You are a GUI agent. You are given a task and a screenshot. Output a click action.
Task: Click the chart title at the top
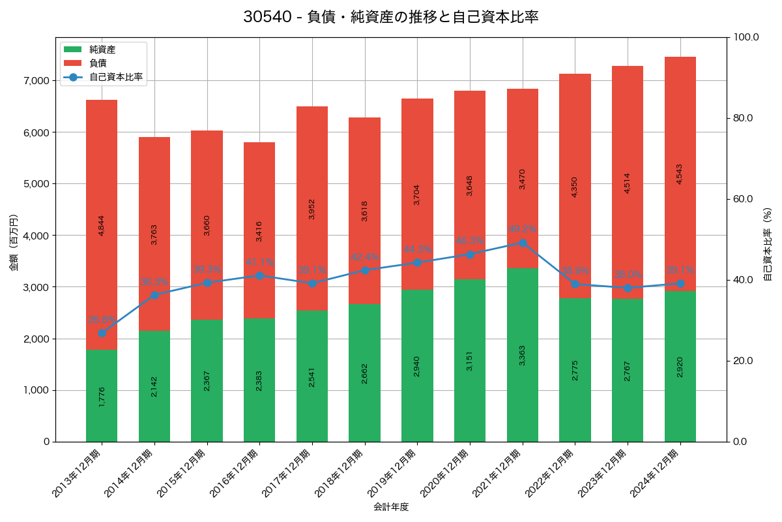pyautogui.click(x=391, y=17)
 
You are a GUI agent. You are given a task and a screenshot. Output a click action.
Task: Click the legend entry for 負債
pyautogui.click(x=98, y=63)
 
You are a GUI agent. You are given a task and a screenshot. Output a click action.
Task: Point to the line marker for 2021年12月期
pyautogui.click(x=523, y=243)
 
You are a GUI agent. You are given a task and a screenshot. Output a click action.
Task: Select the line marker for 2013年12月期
pyautogui.click(x=102, y=333)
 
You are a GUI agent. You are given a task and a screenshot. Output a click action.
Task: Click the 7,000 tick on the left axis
pyautogui.click(x=37, y=80)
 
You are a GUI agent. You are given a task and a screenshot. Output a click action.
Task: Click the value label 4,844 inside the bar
pyautogui.click(x=101, y=225)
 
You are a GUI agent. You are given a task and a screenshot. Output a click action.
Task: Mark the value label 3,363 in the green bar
pyautogui.click(x=522, y=355)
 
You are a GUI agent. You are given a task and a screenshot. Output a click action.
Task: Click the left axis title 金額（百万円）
pyautogui.click(x=13, y=243)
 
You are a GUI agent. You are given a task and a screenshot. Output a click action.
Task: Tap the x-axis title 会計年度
pyautogui.click(x=391, y=507)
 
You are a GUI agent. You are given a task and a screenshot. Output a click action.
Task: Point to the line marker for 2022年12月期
pyautogui.click(x=575, y=284)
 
